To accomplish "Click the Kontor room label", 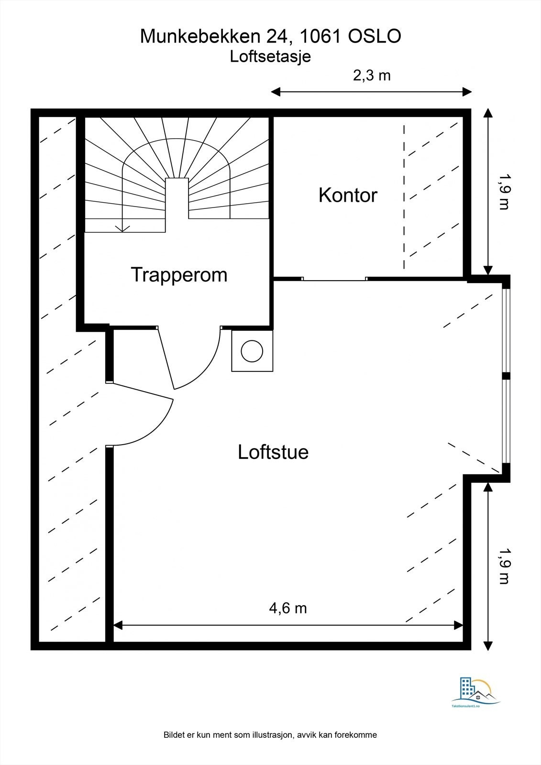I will point(348,196).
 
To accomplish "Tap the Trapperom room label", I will point(179,275).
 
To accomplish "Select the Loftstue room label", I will point(273,452).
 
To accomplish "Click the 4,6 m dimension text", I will point(288,608).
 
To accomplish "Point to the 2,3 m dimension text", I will point(372,76).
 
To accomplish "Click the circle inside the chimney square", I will point(252,351).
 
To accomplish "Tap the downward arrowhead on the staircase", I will point(123,229).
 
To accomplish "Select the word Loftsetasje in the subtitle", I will point(270,56).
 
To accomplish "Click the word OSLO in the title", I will point(374,37).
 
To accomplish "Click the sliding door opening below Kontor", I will point(335,279).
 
